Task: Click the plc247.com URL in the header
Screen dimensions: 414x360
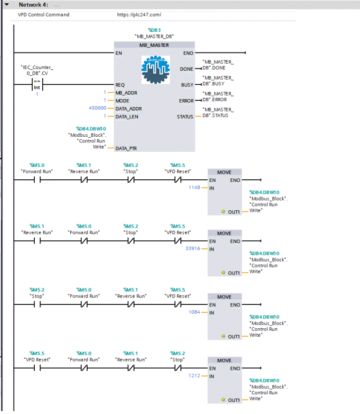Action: [139, 15]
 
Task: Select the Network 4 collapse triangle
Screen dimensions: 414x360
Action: [7, 4]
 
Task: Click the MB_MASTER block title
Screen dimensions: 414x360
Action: [154, 45]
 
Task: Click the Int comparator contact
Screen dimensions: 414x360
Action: [37, 85]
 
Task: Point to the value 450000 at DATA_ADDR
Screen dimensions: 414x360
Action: [97, 108]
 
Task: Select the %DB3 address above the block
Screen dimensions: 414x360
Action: [154, 30]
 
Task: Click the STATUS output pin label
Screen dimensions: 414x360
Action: [185, 117]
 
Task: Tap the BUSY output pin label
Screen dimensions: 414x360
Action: [187, 85]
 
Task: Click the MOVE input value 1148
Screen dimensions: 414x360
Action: [194, 187]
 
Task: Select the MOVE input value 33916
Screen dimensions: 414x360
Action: [193, 249]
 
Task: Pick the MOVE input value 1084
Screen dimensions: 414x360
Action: [194, 312]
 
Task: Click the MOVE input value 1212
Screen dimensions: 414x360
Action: [194, 376]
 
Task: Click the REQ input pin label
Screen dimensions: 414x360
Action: [120, 85]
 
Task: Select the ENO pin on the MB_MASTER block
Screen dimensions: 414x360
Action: [188, 53]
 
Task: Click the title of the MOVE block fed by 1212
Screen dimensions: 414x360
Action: [224, 361]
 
